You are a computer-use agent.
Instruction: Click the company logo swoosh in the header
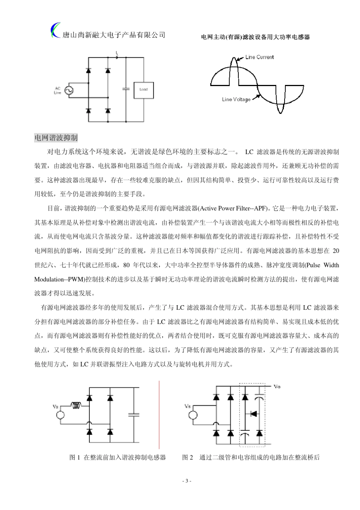point(55,30)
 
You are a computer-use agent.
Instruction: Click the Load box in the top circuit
point(144,90)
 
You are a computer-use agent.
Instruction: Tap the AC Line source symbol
point(69,90)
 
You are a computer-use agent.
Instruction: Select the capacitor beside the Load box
point(126,89)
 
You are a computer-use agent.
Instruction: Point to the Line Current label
point(259,57)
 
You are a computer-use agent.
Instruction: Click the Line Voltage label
point(236,100)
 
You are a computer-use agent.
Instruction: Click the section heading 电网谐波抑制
point(56,138)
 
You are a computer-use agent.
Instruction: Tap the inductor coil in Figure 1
point(76,406)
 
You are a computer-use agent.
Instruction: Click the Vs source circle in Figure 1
point(61,415)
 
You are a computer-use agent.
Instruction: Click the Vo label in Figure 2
point(277,387)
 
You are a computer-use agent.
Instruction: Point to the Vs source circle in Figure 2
point(193,415)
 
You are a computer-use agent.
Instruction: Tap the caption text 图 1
point(75,457)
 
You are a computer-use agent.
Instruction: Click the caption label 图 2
point(188,457)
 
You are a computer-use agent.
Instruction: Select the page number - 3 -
point(187,481)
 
